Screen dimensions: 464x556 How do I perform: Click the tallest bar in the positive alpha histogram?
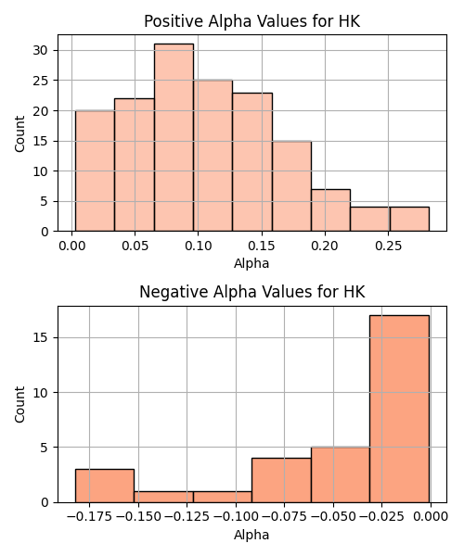[x=174, y=137]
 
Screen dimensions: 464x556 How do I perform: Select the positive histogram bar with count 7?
[x=331, y=210]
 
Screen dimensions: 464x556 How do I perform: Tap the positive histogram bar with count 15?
[x=291, y=186]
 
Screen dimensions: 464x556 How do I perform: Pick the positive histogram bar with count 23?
[x=252, y=162]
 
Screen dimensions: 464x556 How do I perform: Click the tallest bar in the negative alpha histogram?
[x=399, y=409]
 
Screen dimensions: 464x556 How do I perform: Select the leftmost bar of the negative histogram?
[x=105, y=486]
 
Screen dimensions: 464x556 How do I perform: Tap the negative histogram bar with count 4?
[x=281, y=480]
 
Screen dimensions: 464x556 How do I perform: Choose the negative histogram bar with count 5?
[x=341, y=474]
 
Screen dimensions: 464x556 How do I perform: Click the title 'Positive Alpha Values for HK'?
[x=252, y=21]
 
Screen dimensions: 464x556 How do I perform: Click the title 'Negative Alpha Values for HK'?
[x=252, y=292]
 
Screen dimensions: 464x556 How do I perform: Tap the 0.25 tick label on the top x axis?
[x=389, y=246]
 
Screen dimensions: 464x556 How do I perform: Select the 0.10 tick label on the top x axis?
[x=198, y=246]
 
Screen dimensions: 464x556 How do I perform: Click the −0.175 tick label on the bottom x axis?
[x=89, y=517]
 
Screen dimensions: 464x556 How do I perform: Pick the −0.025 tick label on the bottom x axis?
[x=382, y=517]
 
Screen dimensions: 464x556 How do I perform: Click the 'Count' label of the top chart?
[x=19, y=133]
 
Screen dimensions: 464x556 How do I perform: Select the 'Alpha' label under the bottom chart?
[x=251, y=535]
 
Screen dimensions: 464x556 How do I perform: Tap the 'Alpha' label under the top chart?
[x=251, y=264]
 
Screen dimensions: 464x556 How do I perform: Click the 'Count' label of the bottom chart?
[x=19, y=405]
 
